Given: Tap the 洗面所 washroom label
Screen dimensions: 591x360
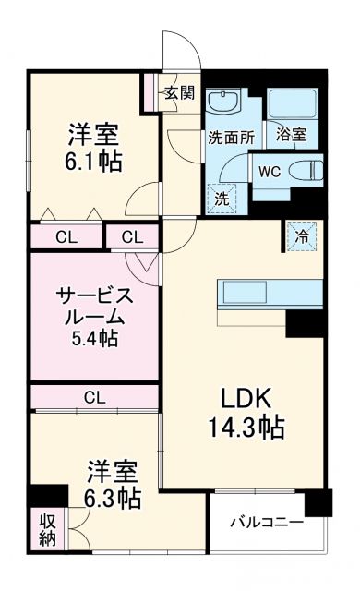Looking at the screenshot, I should click(x=230, y=137).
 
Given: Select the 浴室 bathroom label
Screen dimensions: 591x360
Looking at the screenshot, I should click(x=292, y=134).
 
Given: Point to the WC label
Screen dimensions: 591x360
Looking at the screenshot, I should click(x=270, y=170).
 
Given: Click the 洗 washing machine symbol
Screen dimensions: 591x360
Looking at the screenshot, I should click(x=222, y=196).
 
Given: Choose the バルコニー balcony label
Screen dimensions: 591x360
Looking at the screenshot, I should click(x=266, y=523).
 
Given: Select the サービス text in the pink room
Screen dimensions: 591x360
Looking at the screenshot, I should click(x=94, y=296).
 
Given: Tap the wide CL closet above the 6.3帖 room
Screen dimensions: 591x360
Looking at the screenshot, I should click(x=94, y=398).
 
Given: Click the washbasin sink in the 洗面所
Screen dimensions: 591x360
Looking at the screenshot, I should click(x=223, y=102).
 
